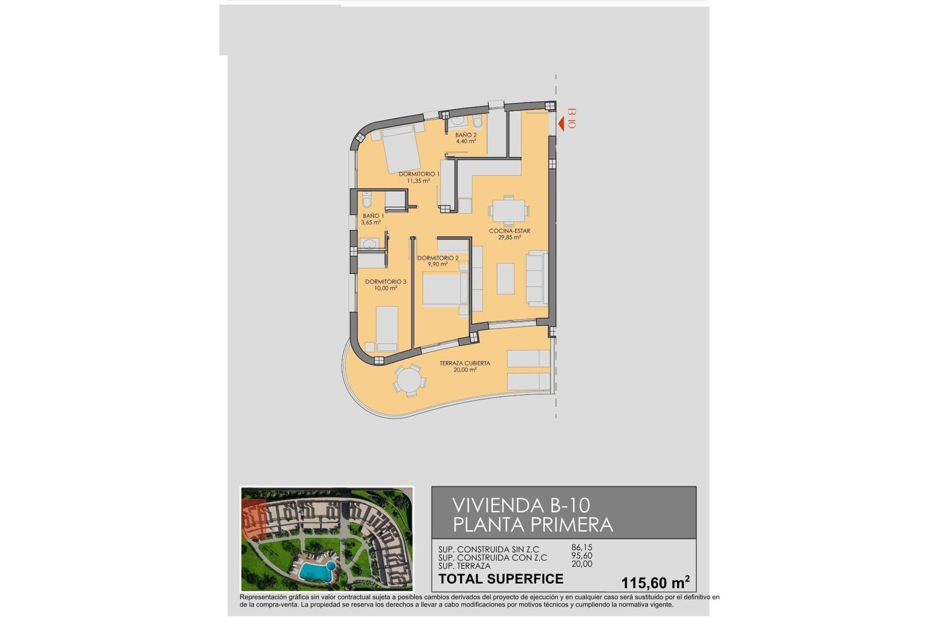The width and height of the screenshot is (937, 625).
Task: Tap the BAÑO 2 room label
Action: pos(466,135)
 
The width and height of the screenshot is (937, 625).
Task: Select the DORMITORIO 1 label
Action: pos(419,174)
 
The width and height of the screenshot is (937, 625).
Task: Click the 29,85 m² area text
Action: pos(509,238)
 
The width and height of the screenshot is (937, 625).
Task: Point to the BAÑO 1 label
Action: pos(373,216)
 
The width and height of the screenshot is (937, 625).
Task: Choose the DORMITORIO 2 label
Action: pos(438,258)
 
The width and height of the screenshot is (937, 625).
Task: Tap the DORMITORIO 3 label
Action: pos(386,282)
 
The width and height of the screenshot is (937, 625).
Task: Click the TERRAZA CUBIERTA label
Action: pos(465,363)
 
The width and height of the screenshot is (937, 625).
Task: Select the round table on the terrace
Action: pos(407,380)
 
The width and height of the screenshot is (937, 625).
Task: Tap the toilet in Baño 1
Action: pos(367,200)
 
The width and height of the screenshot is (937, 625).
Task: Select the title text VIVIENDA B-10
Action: pos(521,505)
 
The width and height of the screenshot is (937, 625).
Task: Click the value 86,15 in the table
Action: pos(582,548)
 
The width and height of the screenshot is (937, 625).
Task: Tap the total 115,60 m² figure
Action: pos(655,583)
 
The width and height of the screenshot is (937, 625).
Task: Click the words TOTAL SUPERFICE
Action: pos(501,579)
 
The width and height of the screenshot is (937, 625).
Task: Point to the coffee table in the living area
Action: pos(505,278)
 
